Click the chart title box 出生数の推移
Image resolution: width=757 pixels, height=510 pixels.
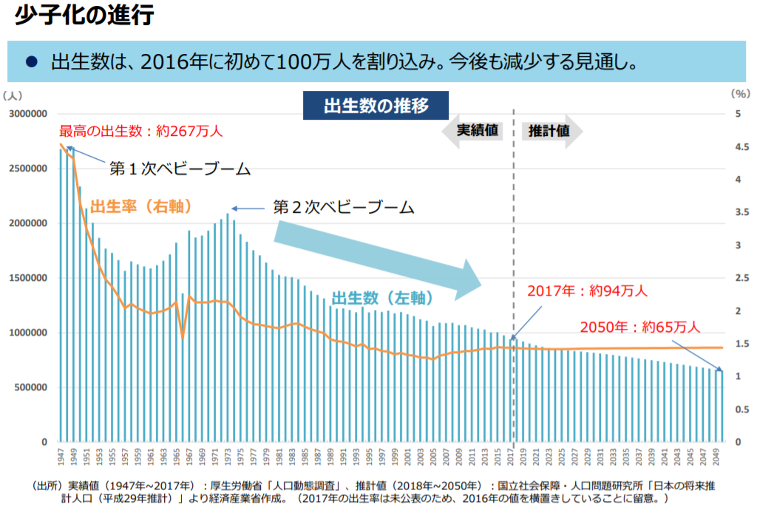(x=376, y=105)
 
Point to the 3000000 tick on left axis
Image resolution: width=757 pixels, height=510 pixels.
(x=28, y=114)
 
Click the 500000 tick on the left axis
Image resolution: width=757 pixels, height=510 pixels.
(x=31, y=387)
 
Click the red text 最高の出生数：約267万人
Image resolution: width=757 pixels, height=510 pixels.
(x=140, y=132)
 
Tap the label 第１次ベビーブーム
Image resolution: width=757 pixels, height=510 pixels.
(x=180, y=169)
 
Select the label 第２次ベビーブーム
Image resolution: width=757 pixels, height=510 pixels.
(x=343, y=207)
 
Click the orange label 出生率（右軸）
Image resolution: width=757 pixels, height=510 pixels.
(x=141, y=206)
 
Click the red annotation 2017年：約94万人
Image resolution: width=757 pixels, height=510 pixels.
(x=587, y=290)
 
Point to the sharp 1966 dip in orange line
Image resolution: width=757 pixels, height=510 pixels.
(x=183, y=337)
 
